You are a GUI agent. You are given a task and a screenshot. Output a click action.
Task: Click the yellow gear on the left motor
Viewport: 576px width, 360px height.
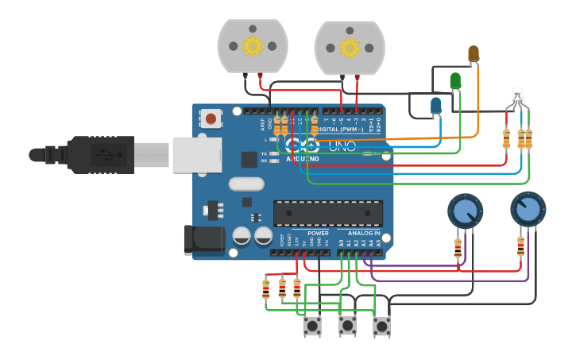click(x=253, y=46)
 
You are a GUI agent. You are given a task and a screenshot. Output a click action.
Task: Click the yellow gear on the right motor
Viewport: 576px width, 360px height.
click(x=350, y=47)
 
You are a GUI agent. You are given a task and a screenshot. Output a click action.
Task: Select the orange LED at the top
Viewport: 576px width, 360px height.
click(x=474, y=53)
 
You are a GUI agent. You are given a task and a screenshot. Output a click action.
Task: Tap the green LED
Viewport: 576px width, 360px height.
click(x=455, y=80)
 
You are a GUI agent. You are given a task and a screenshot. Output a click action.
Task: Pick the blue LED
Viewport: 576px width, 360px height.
click(x=435, y=105)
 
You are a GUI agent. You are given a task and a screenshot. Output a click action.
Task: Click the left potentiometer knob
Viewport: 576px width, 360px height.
click(x=465, y=211)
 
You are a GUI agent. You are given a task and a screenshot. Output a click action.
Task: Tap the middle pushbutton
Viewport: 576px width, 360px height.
click(x=347, y=325)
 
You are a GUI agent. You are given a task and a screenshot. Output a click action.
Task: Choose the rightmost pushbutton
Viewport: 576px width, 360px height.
click(x=382, y=325)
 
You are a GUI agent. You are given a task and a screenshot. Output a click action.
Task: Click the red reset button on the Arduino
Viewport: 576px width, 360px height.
click(x=211, y=118)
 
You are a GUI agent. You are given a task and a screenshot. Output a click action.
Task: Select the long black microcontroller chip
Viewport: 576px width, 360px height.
click(x=328, y=213)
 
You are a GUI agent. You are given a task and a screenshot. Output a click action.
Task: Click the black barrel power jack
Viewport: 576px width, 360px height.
click(x=199, y=241)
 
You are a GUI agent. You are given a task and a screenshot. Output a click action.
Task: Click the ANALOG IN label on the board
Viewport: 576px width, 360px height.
click(x=365, y=233)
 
